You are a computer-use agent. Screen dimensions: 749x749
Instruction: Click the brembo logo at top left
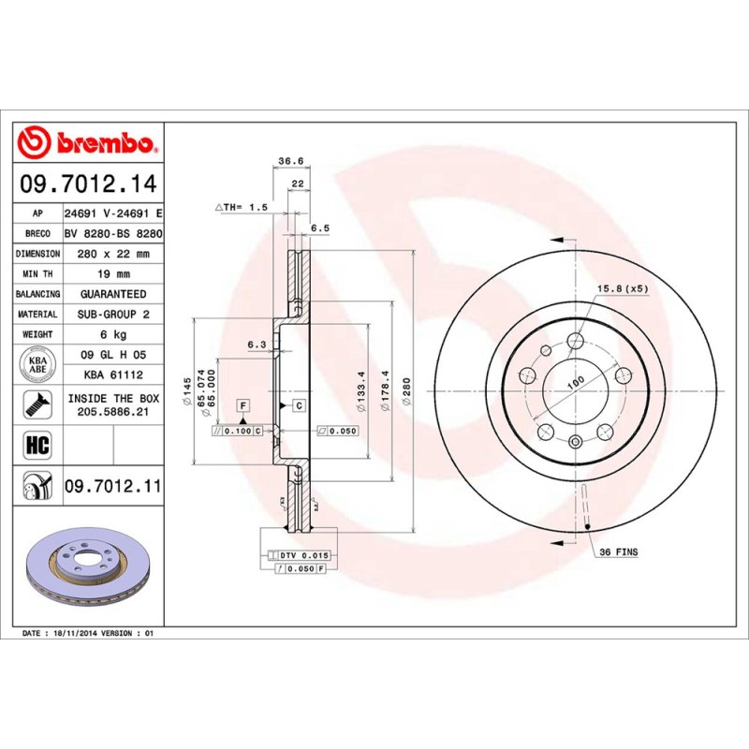86,142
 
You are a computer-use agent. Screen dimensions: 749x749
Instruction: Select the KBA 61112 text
113,374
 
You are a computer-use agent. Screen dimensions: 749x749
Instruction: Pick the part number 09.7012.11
113,486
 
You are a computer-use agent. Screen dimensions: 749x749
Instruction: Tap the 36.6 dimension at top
291,161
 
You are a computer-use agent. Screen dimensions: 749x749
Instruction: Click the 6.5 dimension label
319,228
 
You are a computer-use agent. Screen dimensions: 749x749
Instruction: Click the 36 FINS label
618,552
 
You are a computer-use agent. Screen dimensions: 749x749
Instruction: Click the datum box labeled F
243,405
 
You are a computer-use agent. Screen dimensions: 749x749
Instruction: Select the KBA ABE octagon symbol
38,364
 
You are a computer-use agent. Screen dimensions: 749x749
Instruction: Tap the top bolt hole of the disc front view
576,341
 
